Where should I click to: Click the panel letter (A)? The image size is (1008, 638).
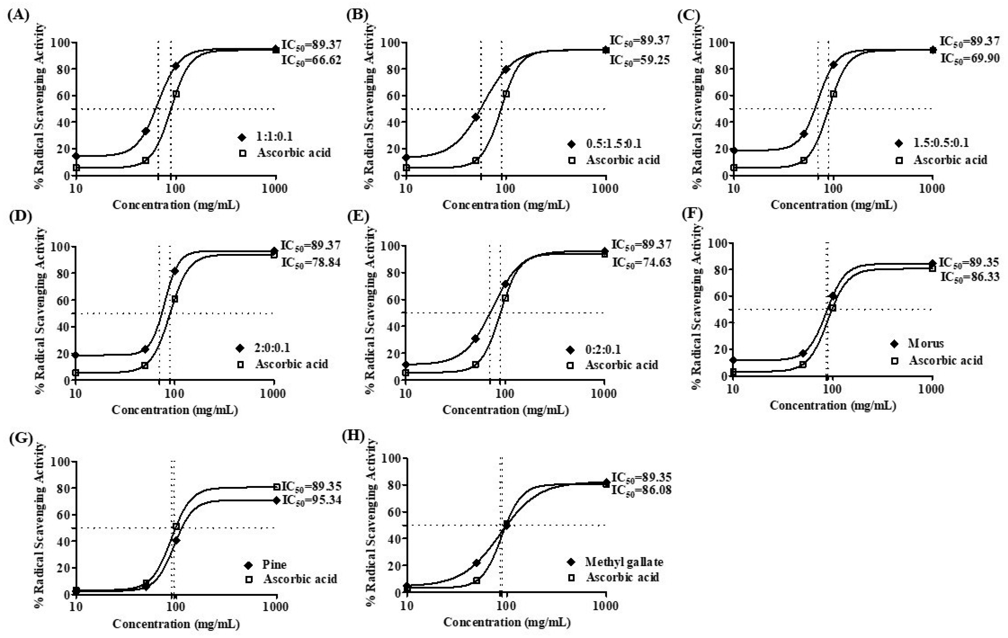[18, 16]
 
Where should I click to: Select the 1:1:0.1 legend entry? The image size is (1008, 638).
[274, 136]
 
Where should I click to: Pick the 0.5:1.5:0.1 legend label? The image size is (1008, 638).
[614, 144]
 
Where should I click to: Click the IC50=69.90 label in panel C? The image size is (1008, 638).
[970, 58]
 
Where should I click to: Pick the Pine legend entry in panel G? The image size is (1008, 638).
[274, 565]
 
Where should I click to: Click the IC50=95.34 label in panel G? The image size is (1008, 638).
[311, 500]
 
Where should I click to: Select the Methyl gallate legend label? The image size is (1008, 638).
[624, 562]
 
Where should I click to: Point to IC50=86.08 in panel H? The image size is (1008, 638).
[641, 490]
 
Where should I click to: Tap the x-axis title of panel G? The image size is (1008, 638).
[176, 624]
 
